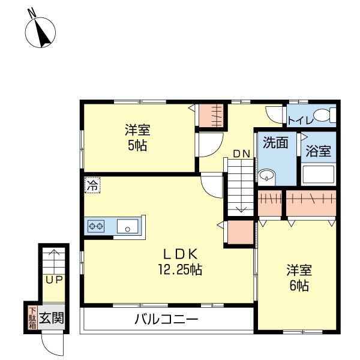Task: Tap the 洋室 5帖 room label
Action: coord(137,137)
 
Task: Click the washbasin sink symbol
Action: coord(267,176)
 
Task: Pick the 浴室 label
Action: coord(318,151)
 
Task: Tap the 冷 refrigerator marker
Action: coord(92,185)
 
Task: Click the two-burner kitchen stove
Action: coord(97,226)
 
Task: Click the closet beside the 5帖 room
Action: coord(211,115)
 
